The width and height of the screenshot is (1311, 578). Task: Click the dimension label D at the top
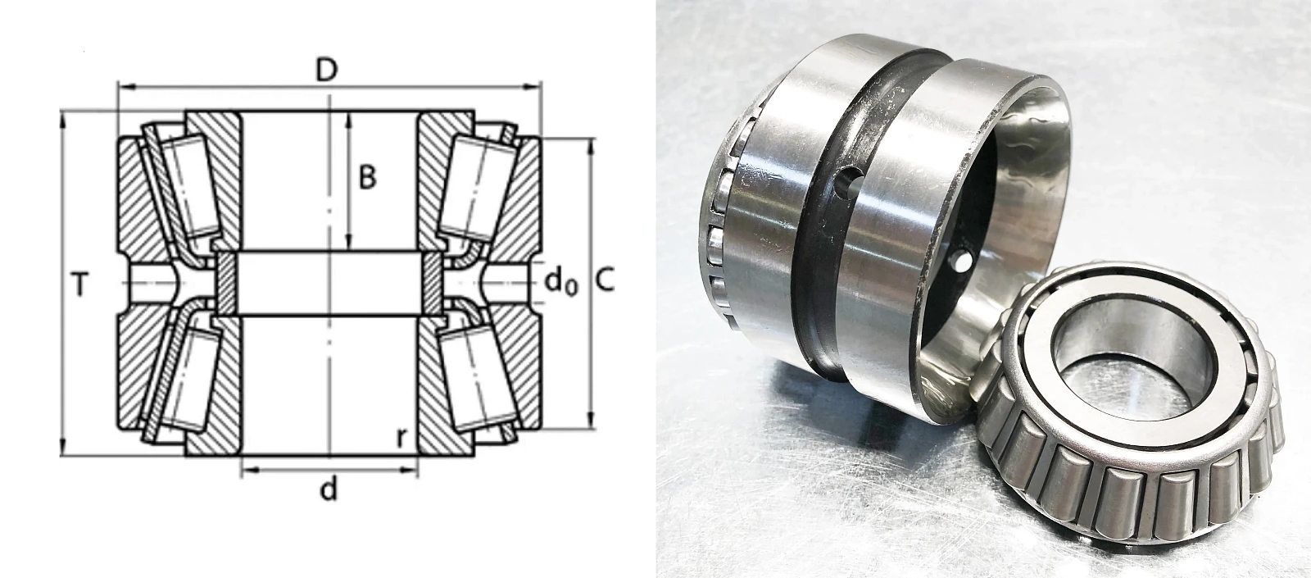(x=327, y=71)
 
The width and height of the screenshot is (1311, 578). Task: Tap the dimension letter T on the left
(x=80, y=285)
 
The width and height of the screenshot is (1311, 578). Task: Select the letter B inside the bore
(x=367, y=177)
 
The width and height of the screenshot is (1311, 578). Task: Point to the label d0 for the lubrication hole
(x=560, y=283)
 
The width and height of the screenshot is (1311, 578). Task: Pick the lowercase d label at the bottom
(x=329, y=489)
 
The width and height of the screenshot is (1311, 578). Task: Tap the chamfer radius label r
(x=401, y=437)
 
